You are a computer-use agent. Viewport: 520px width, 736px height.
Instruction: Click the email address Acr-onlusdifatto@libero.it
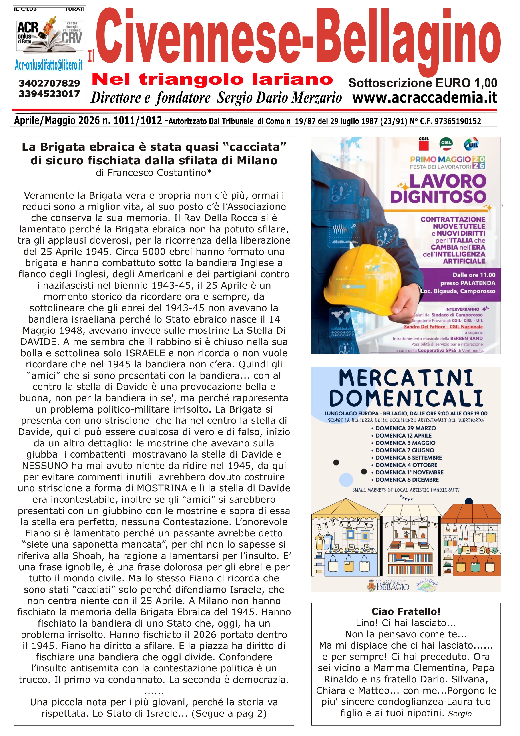(49, 65)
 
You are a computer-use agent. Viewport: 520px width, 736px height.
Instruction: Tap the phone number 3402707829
(49, 83)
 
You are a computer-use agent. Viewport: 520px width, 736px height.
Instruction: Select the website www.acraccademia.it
(425, 97)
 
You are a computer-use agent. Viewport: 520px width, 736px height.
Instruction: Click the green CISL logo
(446, 143)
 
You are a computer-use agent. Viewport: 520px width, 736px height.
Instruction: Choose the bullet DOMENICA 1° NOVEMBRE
(410, 472)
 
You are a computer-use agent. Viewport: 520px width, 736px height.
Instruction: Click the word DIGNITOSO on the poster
(438, 196)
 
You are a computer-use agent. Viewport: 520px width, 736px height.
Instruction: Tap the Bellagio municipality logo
(388, 585)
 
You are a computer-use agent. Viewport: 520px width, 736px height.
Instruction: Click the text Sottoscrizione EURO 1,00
(423, 83)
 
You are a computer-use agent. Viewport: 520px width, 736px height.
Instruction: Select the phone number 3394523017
(49, 94)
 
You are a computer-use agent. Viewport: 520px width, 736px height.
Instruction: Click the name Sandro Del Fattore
(425, 326)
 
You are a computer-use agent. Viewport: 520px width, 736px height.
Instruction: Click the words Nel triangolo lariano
(212, 79)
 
